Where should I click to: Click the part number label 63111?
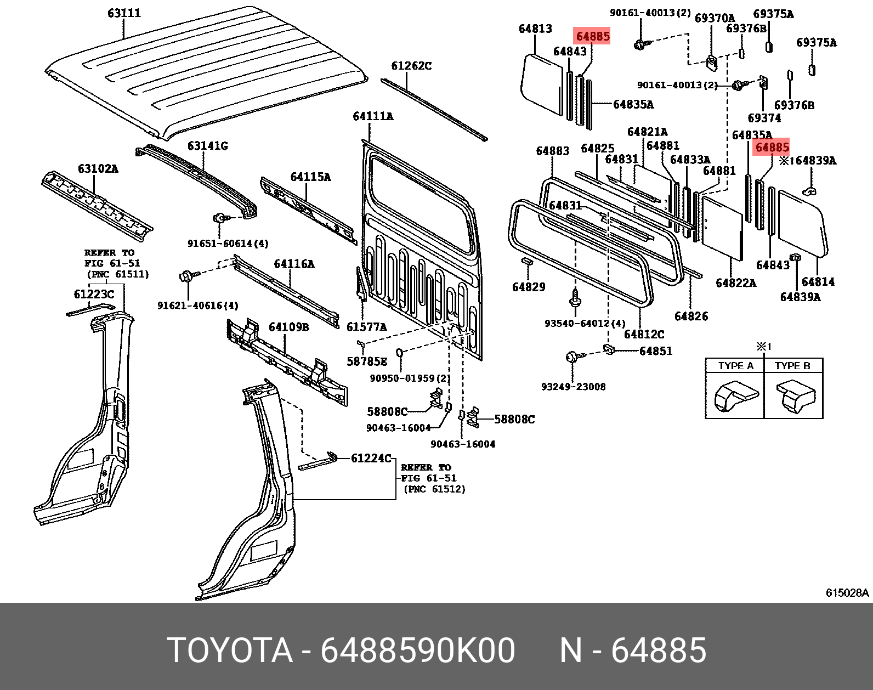124,13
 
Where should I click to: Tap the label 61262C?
411,66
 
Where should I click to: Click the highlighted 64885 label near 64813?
592,36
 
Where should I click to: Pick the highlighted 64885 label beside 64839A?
772,147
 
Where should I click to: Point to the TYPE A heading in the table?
735,366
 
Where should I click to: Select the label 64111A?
373,116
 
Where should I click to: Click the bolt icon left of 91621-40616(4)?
185,275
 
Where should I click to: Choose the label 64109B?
288,327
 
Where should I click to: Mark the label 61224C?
371,458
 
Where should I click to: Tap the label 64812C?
644,334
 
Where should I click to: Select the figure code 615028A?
847,592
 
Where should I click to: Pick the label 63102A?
98,169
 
